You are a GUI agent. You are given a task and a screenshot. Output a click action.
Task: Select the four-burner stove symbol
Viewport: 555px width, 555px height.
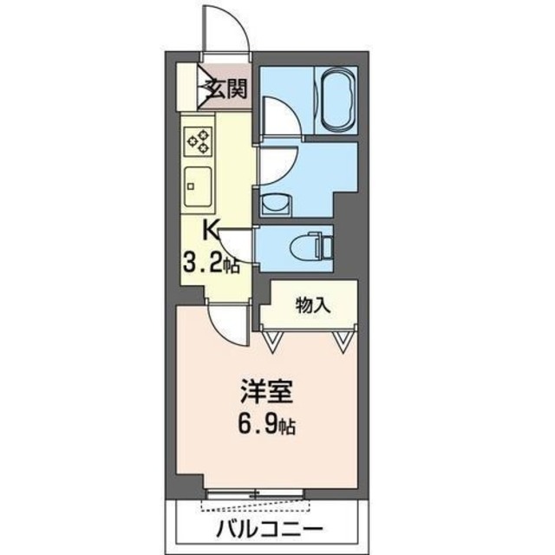coord(199,140)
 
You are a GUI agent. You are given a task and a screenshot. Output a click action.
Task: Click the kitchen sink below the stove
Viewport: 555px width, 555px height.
coord(198,184)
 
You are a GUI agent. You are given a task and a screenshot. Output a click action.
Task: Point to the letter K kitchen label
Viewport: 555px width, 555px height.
coord(210,230)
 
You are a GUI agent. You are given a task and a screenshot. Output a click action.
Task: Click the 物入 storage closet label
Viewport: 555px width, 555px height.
coord(312,304)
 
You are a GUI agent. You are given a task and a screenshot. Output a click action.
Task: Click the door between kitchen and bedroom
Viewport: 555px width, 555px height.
coord(225,320)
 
